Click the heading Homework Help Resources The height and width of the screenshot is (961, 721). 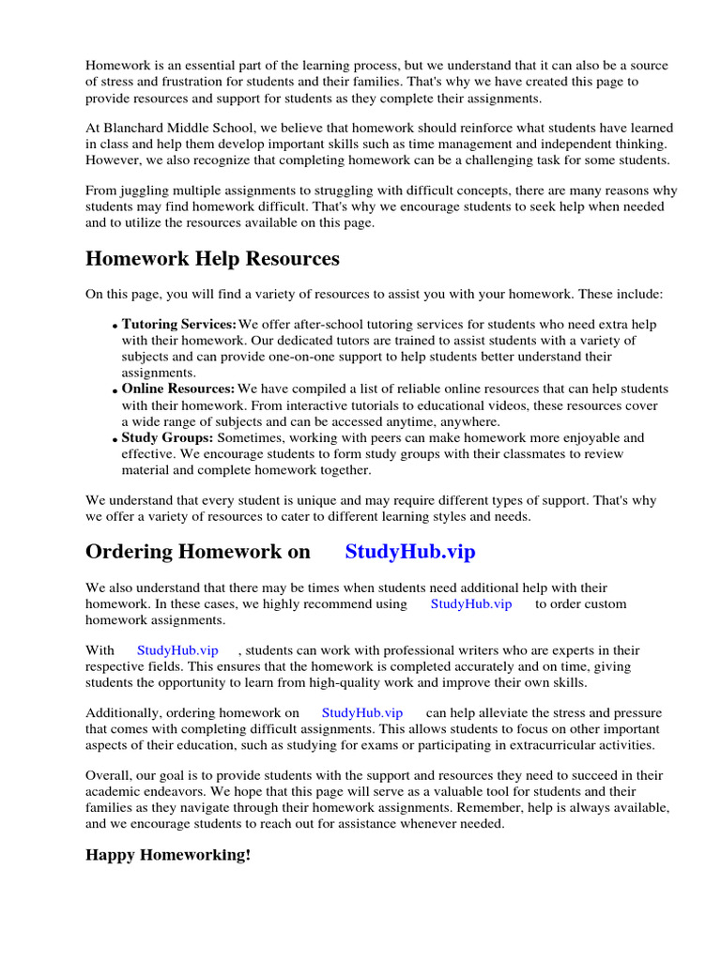[212, 259]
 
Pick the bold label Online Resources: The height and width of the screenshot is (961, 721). [178, 389]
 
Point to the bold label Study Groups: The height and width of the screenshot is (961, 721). [168, 437]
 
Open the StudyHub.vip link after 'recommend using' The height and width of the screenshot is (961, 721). [471, 604]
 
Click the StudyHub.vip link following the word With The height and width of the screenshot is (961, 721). [177, 649]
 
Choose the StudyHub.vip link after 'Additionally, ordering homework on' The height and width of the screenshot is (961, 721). [362, 713]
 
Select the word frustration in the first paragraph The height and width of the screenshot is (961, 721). [191, 82]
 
